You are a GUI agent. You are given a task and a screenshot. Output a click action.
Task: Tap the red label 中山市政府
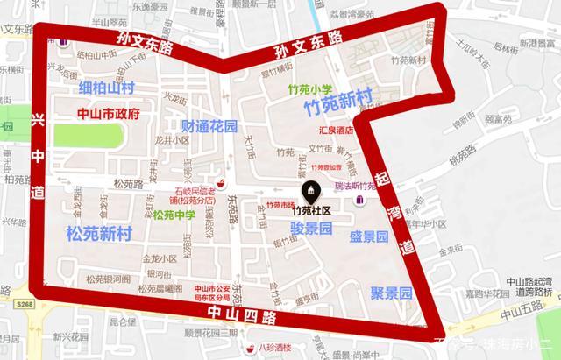(104, 114)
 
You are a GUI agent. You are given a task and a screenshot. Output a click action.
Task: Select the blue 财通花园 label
(206, 126)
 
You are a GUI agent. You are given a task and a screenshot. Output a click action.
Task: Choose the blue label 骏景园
(311, 229)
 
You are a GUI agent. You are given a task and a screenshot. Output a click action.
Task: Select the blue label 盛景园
(369, 236)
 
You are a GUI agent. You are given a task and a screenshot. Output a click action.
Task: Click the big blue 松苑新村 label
(99, 233)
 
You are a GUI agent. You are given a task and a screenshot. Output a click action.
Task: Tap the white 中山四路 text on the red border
(238, 314)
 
